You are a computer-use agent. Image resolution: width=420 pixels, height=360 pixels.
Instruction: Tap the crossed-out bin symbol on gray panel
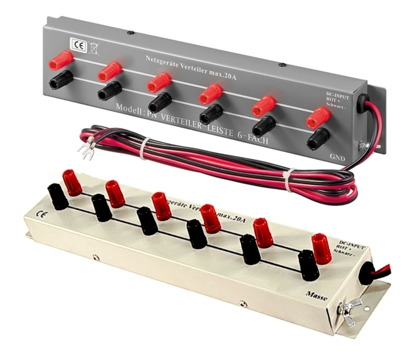[x=94, y=48]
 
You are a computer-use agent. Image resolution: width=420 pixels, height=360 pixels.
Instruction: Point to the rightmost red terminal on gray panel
[x=318, y=117]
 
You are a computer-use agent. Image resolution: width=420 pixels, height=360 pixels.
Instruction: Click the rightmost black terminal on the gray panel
[x=318, y=138]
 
